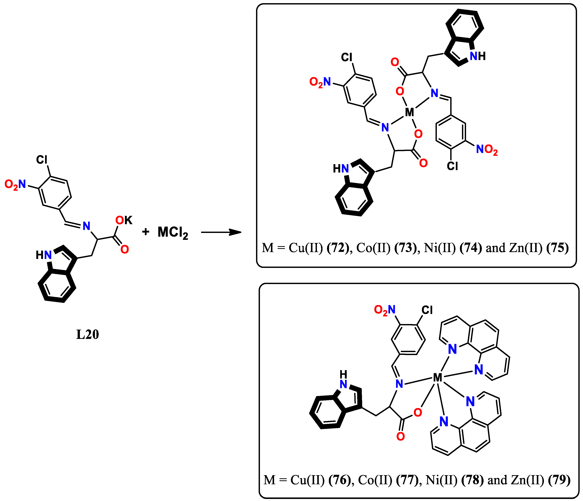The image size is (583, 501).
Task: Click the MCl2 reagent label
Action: coord(172,233)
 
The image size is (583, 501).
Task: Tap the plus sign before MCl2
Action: coord(145,232)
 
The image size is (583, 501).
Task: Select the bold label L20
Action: coord(88,334)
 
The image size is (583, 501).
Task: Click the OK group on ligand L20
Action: coord(124,220)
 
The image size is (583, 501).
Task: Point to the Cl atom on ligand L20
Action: coord(42,160)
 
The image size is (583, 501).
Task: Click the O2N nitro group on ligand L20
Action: coord(15,184)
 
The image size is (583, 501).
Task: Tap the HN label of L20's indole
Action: coord(44,255)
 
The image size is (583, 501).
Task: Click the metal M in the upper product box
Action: coord(409,112)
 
